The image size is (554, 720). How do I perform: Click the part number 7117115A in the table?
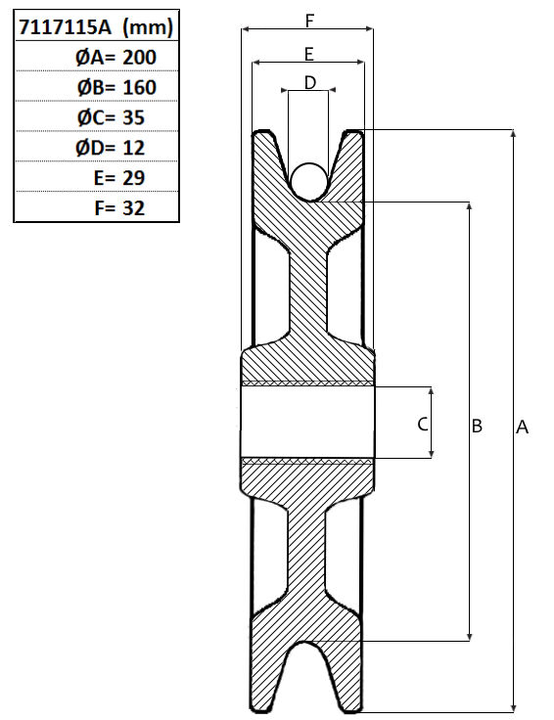[x=65, y=27]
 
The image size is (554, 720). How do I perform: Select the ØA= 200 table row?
[x=115, y=58]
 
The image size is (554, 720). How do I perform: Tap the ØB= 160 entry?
[x=116, y=87]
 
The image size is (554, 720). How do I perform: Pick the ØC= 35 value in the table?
[x=111, y=117]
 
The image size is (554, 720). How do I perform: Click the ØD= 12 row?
[x=111, y=148]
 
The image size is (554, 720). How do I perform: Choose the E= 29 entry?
[x=119, y=178]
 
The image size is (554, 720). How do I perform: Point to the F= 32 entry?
[x=119, y=208]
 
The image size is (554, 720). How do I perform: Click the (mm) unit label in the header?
[x=148, y=27]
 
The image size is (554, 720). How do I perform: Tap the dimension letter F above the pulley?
[x=309, y=21]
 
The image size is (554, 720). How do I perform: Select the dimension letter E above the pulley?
[x=309, y=54]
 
